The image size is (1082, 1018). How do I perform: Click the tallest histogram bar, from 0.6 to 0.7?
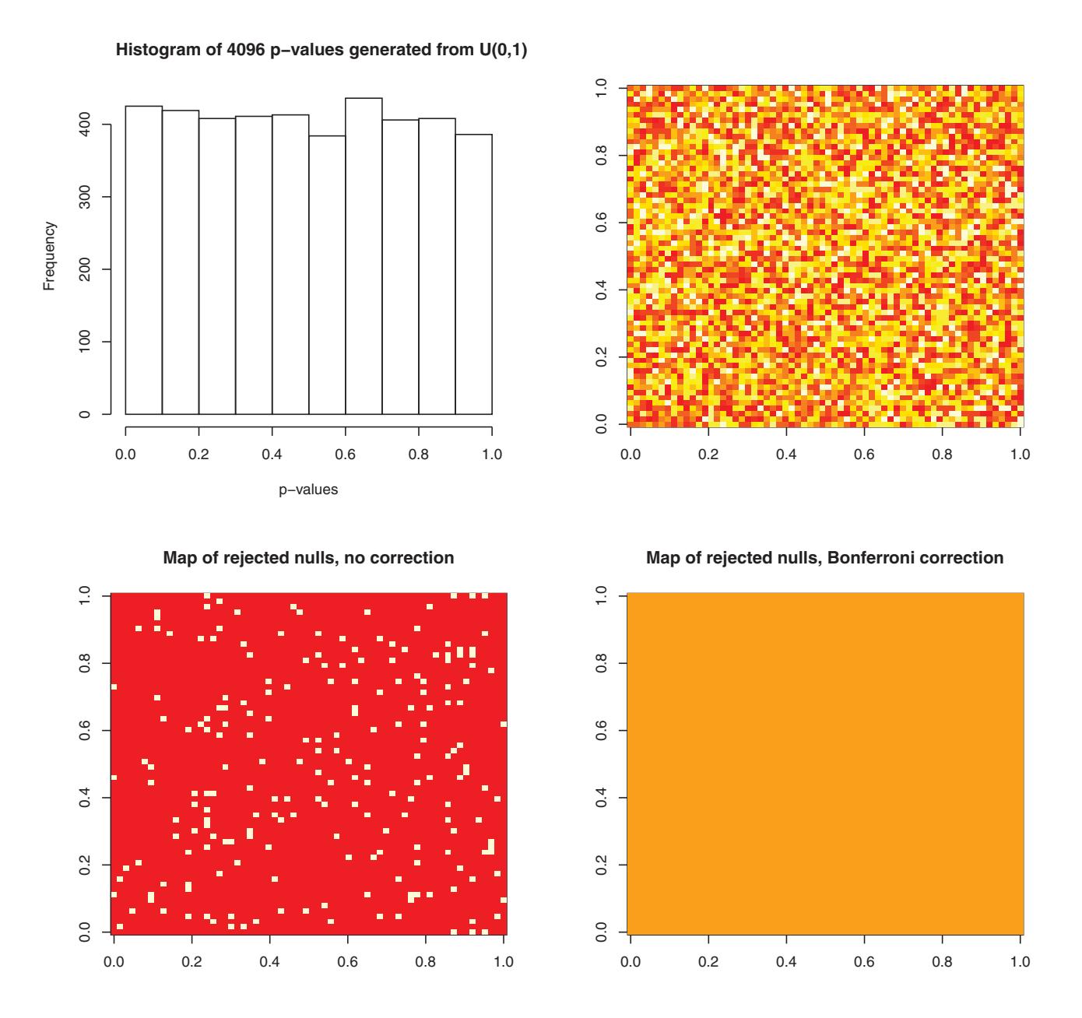[x=364, y=257]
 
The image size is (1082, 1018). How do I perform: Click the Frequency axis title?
[x=49, y=256]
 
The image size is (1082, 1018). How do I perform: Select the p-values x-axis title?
[x=308, y=490]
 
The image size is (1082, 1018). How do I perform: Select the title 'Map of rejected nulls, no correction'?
[x=308, y=558]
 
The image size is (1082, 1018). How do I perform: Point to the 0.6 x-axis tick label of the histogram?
[x=345, y=454]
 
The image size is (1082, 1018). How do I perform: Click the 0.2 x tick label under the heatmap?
[x=708, y=454]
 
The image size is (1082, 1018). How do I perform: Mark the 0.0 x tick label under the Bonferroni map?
[x=630, y=961]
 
